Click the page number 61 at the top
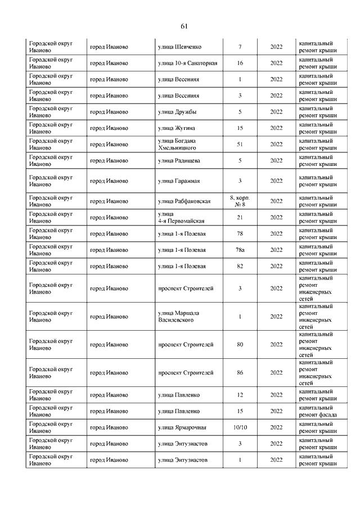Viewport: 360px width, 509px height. point(183,26)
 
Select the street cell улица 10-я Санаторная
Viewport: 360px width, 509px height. point(188,63)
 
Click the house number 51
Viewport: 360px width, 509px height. point(240,144)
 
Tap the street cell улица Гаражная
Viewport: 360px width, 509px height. point(179,181)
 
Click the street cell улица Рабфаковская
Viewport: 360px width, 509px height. point(184,201)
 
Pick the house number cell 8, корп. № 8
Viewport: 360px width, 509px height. point(240,201)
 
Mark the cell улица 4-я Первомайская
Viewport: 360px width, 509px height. point(181,217)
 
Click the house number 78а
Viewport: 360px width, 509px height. point(240,250)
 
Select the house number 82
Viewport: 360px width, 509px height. point(240,266)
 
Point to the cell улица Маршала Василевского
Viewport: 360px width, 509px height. point(179,316)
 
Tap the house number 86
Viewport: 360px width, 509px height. point(240,372)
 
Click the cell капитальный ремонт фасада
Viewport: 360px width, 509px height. point(318,411)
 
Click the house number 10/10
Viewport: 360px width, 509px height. point(240,427)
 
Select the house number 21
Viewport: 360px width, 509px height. point(240,217)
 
